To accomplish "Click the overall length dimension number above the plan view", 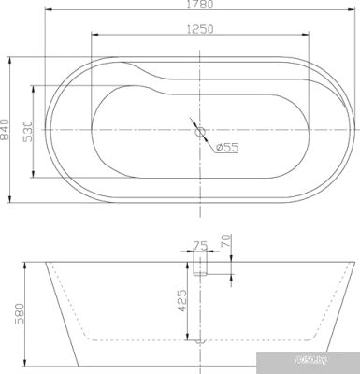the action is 194,7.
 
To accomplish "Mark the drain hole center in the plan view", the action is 199,130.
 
